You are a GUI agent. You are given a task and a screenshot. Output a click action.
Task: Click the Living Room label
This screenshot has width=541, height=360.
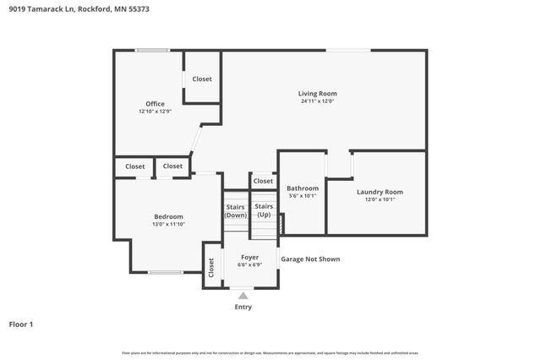click(317, 93)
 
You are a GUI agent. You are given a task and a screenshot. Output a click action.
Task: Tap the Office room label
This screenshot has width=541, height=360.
click(155, 104)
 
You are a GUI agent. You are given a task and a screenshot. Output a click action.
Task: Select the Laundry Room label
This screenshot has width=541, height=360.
click(380, 192)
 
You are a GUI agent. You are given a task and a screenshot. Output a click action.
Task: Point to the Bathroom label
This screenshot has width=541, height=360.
click(303, 188)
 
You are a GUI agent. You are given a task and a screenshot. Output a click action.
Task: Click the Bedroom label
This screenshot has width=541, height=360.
click(168, 216)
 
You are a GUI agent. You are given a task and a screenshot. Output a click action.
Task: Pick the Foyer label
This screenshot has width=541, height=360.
click(250, 257)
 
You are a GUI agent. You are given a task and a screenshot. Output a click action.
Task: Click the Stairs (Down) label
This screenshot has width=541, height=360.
click(236, 210)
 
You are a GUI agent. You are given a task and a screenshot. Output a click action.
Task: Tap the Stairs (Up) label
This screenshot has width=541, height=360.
click(264, 210)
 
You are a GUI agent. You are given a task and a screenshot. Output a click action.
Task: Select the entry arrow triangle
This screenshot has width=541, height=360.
click(243, 295)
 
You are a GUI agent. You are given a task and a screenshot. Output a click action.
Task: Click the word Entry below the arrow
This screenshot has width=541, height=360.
click(243, 307)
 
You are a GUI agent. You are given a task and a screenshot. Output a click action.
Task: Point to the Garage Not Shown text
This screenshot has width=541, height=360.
click(310, 259)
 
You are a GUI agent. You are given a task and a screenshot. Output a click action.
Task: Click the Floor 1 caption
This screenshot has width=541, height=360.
click(20, 324)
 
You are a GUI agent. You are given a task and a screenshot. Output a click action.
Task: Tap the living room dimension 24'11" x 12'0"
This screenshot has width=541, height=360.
click(317, 101)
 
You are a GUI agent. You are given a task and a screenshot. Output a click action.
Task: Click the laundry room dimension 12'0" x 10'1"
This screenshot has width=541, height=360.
click(380, 200)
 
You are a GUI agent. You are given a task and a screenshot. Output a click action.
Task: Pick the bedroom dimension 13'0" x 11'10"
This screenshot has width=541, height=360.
click(168, 225)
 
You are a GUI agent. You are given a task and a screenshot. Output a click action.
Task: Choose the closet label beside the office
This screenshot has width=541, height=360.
click(202, 79)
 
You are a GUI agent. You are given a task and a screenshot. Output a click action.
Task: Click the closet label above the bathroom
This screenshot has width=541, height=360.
click(263, 181)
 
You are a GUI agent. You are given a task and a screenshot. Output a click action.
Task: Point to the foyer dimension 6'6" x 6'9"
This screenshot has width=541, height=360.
click(250, 265)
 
